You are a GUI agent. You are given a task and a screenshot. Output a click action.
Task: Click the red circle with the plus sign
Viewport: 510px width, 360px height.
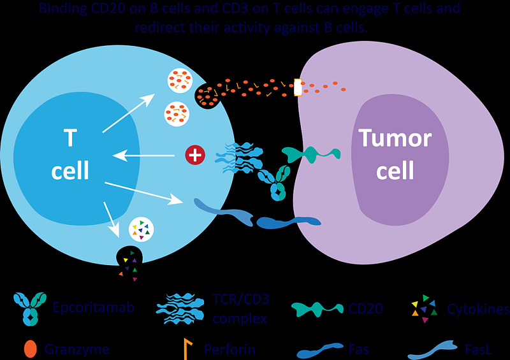194,154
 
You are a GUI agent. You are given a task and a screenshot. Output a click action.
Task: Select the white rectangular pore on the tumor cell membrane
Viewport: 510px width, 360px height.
297,87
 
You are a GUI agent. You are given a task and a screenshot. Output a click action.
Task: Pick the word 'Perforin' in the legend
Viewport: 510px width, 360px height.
230,349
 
